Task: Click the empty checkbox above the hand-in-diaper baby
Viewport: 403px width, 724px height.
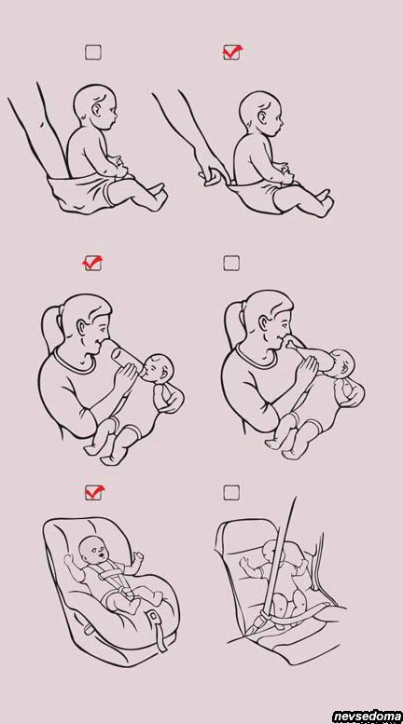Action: (93, 52)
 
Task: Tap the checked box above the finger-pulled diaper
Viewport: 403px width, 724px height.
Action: (232, 52)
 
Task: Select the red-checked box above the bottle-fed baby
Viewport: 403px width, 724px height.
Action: (93, 263)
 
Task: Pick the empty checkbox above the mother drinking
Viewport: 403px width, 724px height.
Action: (231, 263)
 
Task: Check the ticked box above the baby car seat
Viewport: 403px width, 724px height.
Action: (94, 493)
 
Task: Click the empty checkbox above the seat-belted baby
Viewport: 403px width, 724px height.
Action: (231, 493)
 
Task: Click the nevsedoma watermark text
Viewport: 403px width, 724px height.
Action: (367, 716)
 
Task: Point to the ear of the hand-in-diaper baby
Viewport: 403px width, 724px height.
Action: (97, 110)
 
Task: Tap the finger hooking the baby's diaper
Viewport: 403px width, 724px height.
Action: (214, 177)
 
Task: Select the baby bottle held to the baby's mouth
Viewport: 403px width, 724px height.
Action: (127, 358)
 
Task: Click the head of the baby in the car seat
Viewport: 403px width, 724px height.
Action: (92, 550)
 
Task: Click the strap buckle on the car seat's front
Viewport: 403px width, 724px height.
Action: (152, 618)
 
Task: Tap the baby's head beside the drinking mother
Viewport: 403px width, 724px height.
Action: (343, 362)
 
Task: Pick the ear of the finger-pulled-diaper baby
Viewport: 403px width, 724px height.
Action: (263, 117)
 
